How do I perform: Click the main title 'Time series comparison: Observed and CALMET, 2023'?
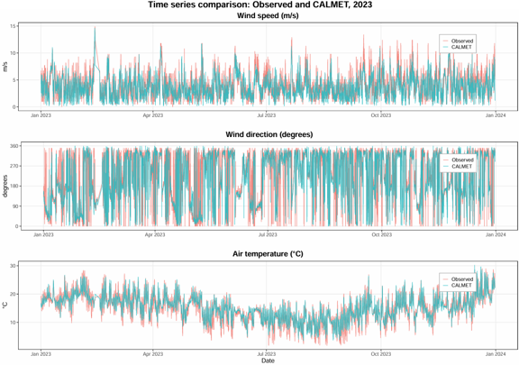tap(259, 5)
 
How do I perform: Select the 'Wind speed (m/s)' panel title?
tap(268, 15)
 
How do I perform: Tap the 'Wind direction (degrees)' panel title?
tap(269, 134)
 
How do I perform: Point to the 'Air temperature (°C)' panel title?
tap(268, 254)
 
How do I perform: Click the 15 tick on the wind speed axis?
tap(13, 26)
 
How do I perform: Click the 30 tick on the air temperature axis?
tap(13, 266)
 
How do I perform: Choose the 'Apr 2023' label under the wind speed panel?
tap(153, 115)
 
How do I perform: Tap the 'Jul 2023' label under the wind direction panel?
tap(268, 235)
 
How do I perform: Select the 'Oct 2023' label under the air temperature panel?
tap(380, 354)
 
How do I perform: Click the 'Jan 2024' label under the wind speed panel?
tap(496, 115)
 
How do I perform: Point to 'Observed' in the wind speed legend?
tap(462, 41)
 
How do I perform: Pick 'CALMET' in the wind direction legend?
tap(461, 166)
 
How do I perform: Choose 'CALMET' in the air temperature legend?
tap(461, 285)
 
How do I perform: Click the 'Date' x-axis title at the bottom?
tap(268, 360)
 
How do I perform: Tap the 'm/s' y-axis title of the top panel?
tap(5, 67)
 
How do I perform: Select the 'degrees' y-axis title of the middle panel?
tap(5, 187)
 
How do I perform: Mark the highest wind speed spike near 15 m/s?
tap(95, 28)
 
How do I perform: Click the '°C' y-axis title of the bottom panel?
tap(5, 305)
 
